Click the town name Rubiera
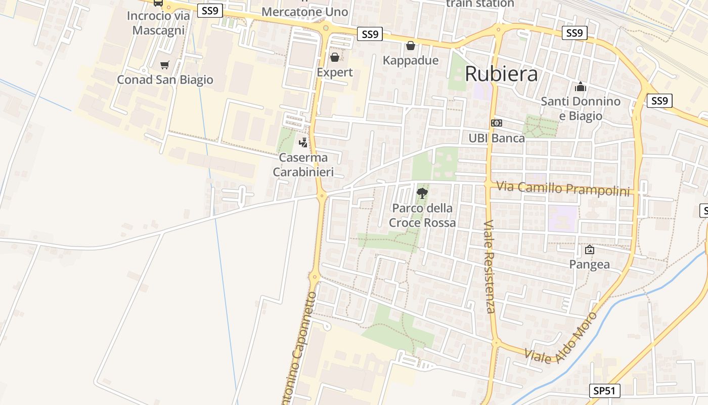pyautogui.click(x=501, y=74)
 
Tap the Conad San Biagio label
pyautogui.click(x=165, y=80)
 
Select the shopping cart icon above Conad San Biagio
pyautogui.click(x=164, y=65)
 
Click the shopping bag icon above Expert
pyautogui.click(x=334, y=57)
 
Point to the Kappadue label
pyautogui.click(x=410, y=61)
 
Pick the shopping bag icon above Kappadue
pyautogui.click(x=411, y=46)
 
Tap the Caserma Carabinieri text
pyautogui.click(x=303, y=165)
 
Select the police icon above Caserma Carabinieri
pyautogui.click(x=303, y=143)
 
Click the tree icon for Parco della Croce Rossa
pyautogui.click(x=422, y=193)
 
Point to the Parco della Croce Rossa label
pyautogui.click(x=422, y=216)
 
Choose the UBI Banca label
pyautogui.click(x=497, y=138)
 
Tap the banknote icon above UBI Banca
pyautogui.click(x=497, y=123)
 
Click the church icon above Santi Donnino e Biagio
pyautogui.click(x=581, y=87)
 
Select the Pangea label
pyautogui.click(x=589, y=264)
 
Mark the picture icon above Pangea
pyautogui.click(x=589, y=250)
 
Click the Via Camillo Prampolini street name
pyautogui.click(x=563, y=188)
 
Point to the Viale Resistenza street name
pyautogui.click(x=489, y=266)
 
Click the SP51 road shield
pyautogui.click(x=605, y=391)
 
